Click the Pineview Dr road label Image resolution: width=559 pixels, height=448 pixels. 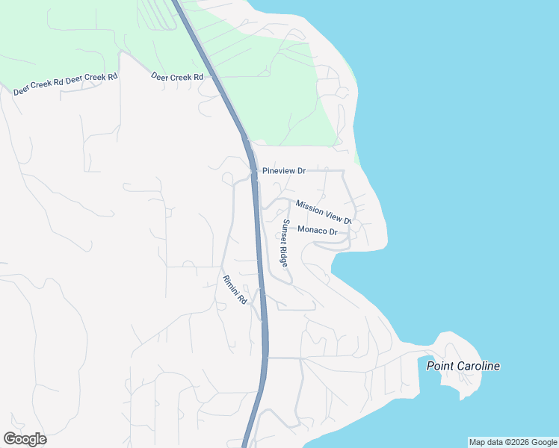284,171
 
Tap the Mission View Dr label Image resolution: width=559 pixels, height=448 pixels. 323,211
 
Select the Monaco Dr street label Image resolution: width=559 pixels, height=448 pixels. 318,231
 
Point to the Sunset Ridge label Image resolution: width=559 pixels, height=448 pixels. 285,242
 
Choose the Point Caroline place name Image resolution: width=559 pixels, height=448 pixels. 463,366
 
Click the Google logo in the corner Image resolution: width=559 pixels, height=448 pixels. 25,439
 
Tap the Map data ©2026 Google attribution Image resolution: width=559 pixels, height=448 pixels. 513,442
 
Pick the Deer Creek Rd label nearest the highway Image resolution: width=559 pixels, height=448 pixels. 177,77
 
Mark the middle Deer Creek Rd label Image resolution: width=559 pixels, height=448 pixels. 92,78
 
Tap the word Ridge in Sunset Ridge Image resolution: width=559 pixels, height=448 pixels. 284,256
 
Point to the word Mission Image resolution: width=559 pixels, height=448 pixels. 309,205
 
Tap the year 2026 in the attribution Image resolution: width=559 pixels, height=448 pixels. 513,442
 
